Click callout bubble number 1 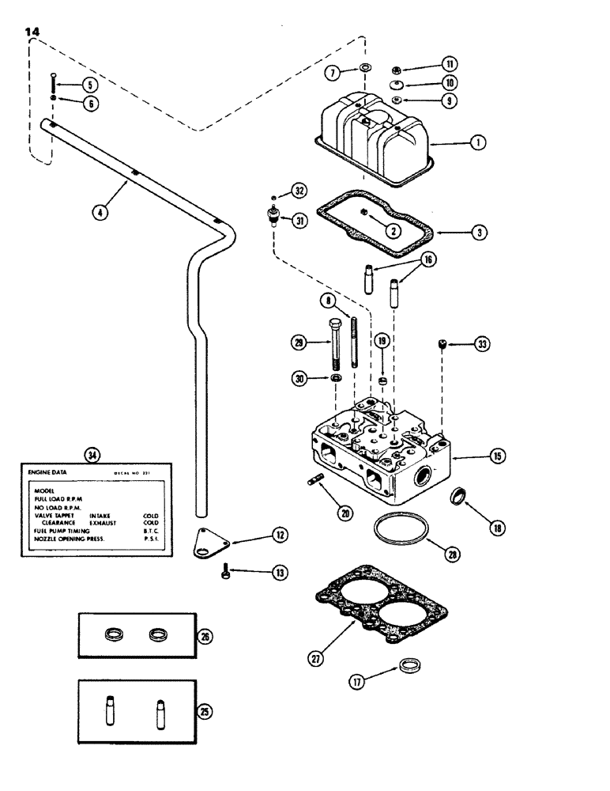coord(476,143)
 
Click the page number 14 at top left coord(32,31)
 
